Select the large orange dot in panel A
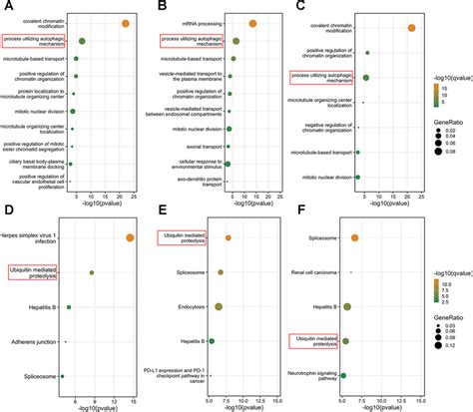coord(124,23)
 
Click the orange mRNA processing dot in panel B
coord(252,23)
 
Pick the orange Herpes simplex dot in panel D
coord(130,236)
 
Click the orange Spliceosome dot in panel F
coord(354,237)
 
